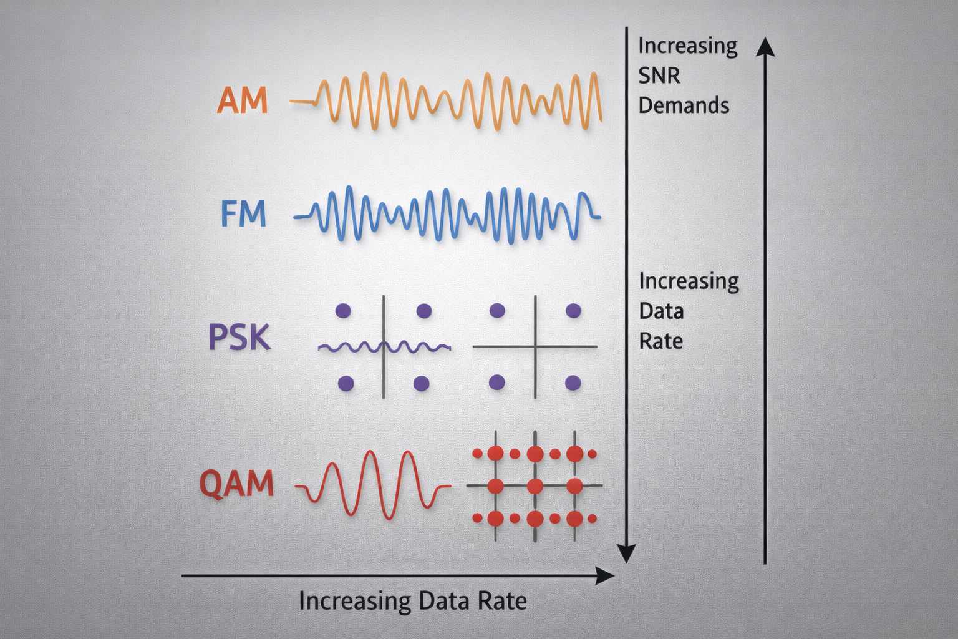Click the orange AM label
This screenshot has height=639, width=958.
click(242, 100)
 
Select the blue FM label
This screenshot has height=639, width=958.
click(244, 213)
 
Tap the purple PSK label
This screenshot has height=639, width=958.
click(239, 338)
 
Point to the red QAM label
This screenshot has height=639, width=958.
click(237, 484)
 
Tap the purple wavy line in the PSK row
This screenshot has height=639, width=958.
click(349, 347)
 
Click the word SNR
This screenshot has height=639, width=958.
click(659, 76)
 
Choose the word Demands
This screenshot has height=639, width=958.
click(684, 105)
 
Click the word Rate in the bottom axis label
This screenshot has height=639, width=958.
click(502, 601)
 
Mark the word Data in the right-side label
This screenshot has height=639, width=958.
click(661, 311)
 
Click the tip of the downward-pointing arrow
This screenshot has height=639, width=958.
click(626, 560)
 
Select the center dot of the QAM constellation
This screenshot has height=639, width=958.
click(535, 485)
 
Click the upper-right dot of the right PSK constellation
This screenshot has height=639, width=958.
click(573, 310)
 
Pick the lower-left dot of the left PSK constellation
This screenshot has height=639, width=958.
click(345, 383)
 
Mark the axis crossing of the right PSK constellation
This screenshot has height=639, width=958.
click(535, 346)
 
